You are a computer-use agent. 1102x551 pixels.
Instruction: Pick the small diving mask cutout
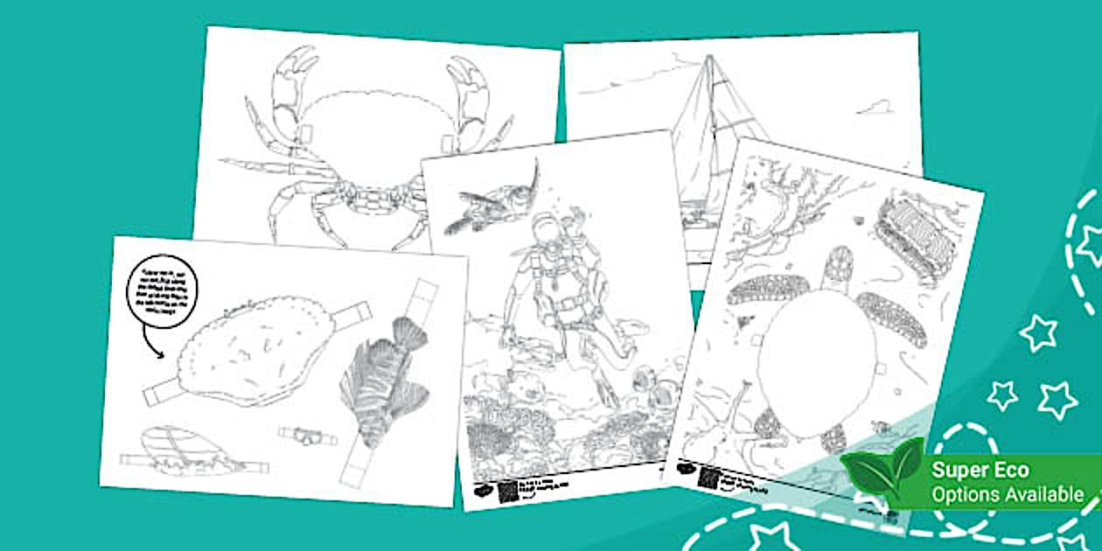(x=302, y=433)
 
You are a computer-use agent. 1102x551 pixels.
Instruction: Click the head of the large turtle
(x=839, y=267)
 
